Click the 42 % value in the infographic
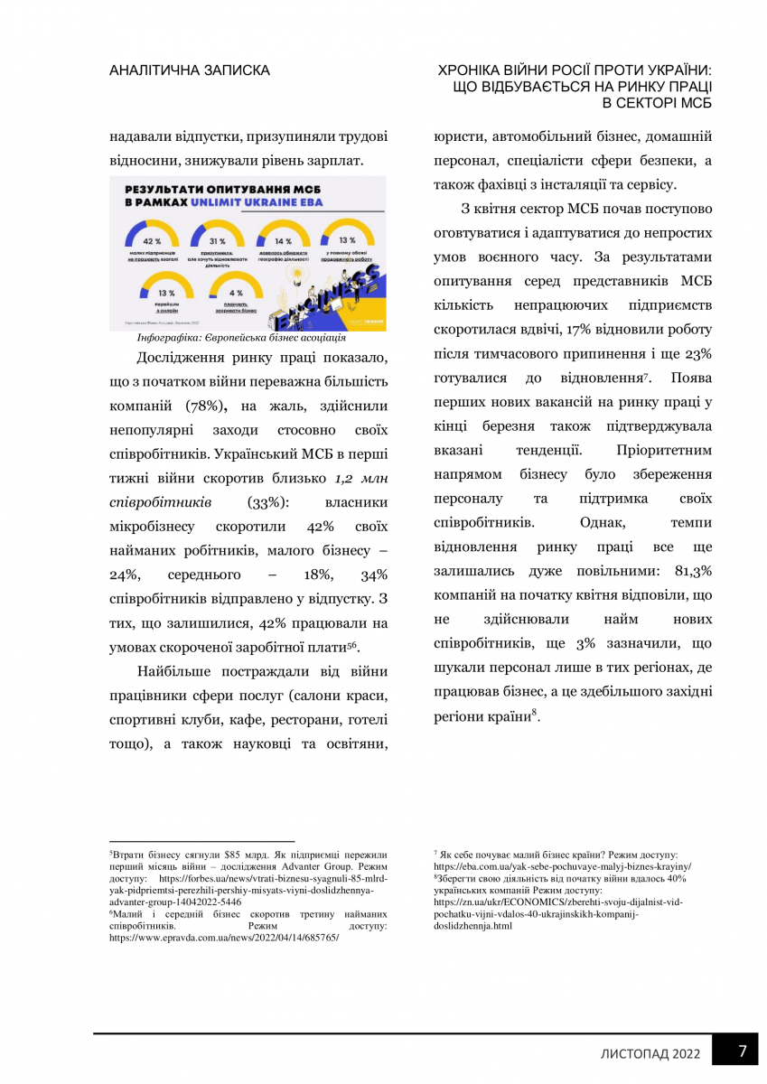pyautogui.click(x=151, y=241)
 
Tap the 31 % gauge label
pyautogui.click(x=217, y=241)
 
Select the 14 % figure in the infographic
pyautogui.click(x=283, y=241)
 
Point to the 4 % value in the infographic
pyautogui.click(x=236, y=293)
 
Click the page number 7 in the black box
pyautogui.click(x=742, y=1051)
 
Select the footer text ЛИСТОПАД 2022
pyautogui.click(x=650, y=1053)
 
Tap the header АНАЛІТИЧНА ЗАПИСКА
pyautogui.click(x=189, y=70)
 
